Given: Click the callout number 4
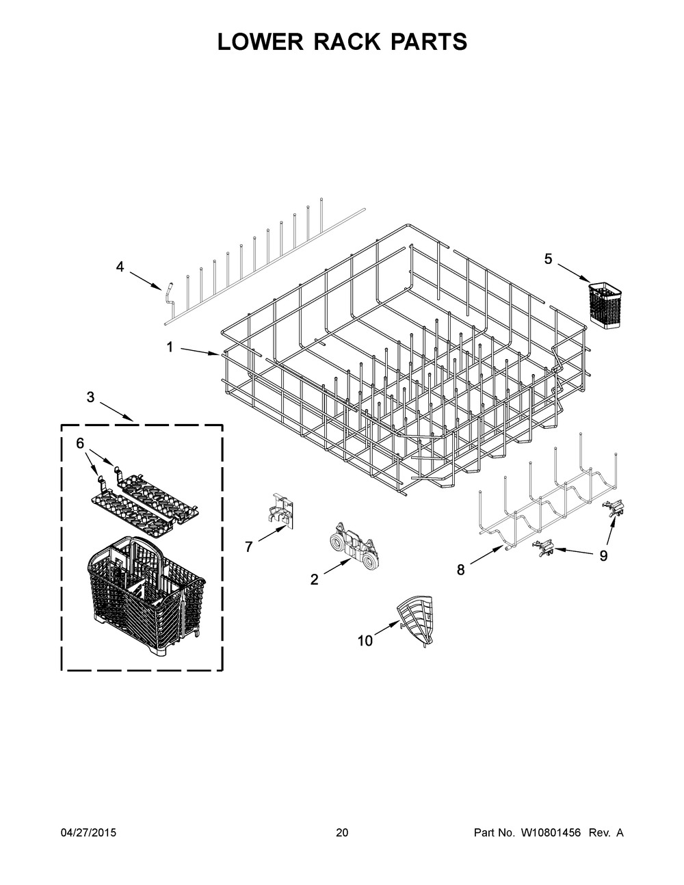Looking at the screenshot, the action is tap(120, 267).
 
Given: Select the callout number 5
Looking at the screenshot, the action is tap(548, 259).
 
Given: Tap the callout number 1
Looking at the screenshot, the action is tap(170, 347).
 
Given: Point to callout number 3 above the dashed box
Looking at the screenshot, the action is tap(90, 397).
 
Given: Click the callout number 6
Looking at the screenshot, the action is tap(80, 443).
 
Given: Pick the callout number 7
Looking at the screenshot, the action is tap(249, 546).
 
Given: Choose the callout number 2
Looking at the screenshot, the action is tap(315, 579).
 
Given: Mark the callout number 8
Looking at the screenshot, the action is tap(460, 570).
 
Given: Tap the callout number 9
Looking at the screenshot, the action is tap(603, 555).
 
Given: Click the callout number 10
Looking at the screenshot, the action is tap(365, 641).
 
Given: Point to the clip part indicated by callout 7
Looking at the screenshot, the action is tap(282, 511).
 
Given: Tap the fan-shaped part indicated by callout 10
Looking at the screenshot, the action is tap(415, 620).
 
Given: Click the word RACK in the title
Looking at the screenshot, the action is tap(346, 42).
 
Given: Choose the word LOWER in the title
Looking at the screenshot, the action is tap(260, 42).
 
